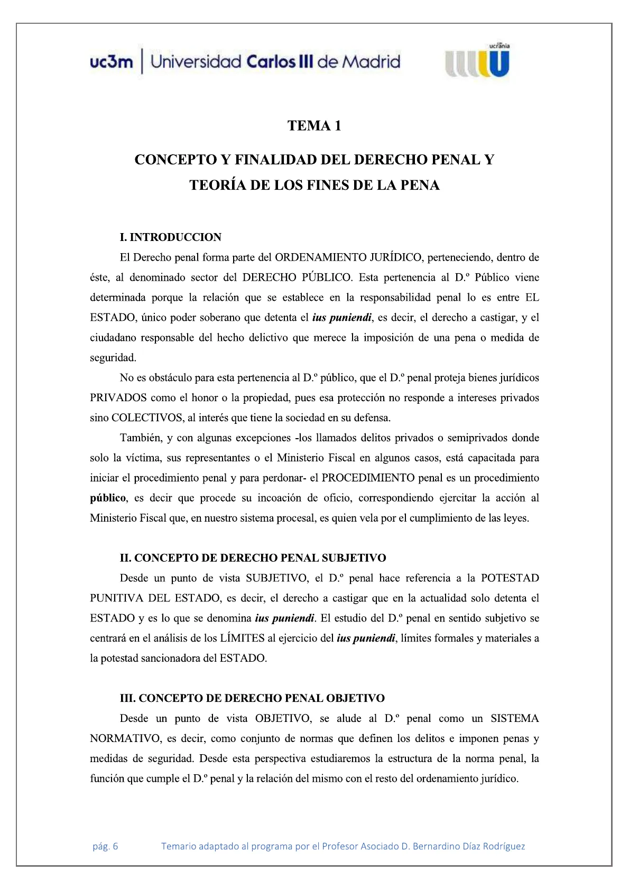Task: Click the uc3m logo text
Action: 111,62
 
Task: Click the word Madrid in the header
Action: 371,62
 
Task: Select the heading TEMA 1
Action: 314,126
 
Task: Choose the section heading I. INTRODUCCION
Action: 170,237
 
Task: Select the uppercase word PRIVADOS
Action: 118,398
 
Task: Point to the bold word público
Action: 108,498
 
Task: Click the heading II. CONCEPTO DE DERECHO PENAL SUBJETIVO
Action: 253,558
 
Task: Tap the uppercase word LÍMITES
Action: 242,638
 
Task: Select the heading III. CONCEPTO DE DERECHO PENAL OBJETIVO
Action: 252,698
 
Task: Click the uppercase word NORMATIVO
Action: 125,739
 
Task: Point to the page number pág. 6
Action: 105,846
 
